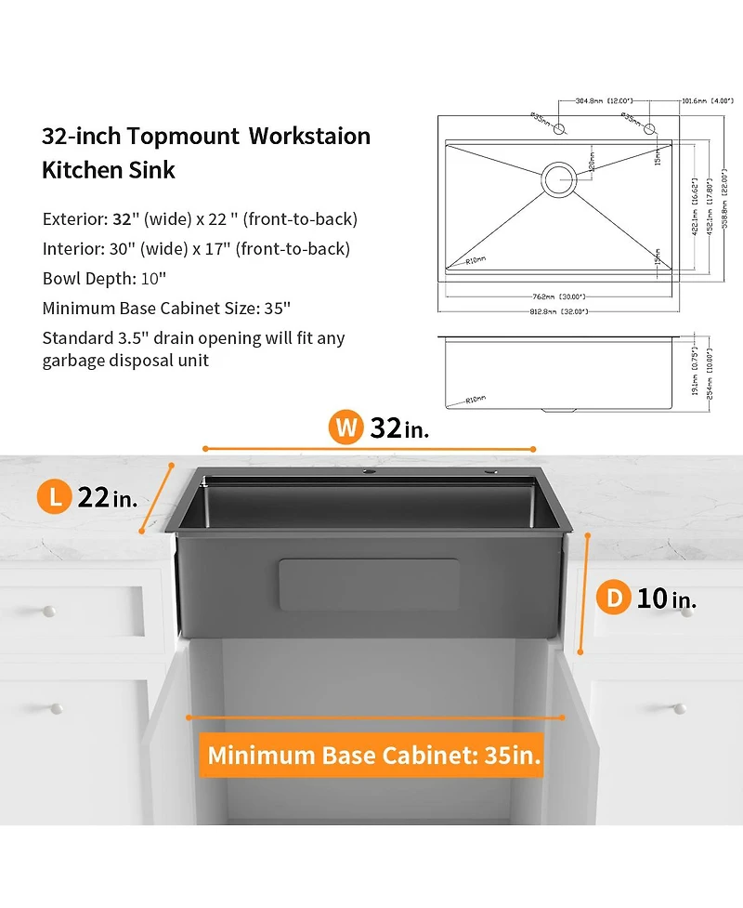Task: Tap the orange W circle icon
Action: point(346,428)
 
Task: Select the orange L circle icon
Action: point(56,497)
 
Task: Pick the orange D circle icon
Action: point(614,598)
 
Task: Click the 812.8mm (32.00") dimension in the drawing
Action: point(559,311)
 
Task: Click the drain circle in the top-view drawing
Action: point(559,178)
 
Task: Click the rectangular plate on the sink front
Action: point(370,585)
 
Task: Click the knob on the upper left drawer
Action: point(48,610)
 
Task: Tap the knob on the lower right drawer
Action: point(681,709)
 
